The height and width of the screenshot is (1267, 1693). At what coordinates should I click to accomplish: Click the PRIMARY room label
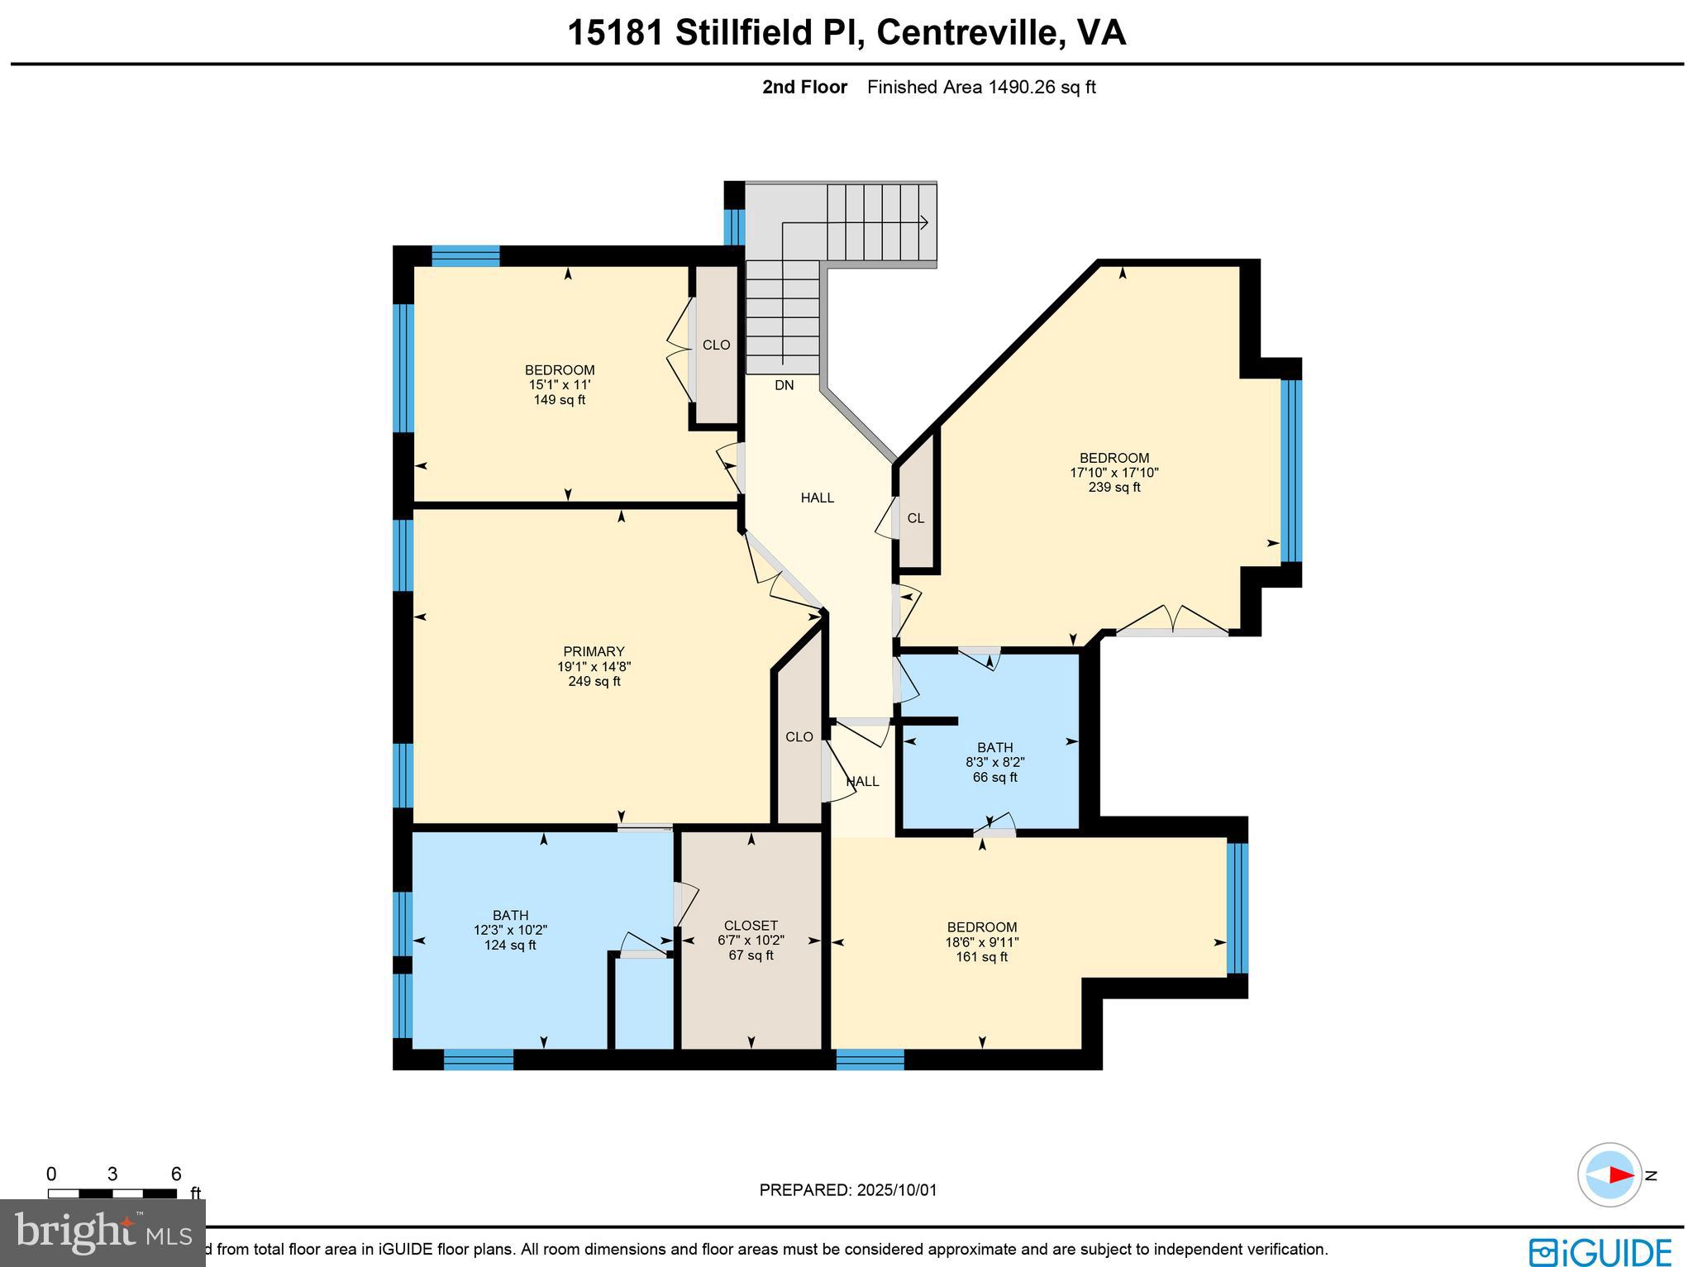pos(594,651)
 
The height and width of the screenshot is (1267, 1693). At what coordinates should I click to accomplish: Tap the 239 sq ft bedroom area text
pos(1114,488)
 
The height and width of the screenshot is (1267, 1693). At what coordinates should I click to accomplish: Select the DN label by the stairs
pos(784,385)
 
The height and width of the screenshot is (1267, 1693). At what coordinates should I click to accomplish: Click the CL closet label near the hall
pos(915,518)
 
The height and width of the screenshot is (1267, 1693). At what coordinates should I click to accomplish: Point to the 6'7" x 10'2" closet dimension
pos(751,941)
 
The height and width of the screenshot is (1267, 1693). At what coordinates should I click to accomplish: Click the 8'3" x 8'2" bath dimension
pos(994,763)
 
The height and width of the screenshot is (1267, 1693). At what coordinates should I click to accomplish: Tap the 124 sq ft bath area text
pos(510,945)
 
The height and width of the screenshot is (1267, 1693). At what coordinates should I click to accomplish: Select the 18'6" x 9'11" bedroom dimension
pos(982,942)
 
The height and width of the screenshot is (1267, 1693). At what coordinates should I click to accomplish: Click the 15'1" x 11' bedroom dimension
pos(560,385)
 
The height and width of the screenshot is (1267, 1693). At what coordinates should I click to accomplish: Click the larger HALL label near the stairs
pos(817,498)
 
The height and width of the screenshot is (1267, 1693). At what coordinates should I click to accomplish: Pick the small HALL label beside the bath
pos(862,781)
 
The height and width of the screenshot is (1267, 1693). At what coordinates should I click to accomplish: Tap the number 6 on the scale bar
pos(175,1174)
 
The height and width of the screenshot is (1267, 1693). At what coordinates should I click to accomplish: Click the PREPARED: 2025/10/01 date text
pos(847,1190)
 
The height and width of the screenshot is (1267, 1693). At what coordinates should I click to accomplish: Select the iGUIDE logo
pos(1600,1251)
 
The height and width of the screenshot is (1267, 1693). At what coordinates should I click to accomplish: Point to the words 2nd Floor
pos(804,88)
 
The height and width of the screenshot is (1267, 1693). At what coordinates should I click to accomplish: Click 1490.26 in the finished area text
pos(1023,88)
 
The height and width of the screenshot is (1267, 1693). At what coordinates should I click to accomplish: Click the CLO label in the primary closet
pos(799,737)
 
